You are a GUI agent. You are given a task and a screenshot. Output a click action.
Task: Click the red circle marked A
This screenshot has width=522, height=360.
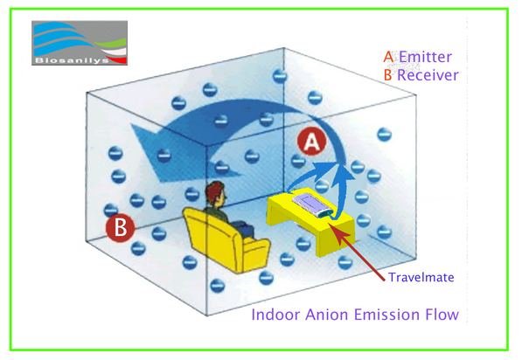(311, 142)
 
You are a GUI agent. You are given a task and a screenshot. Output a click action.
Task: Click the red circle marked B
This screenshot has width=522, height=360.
(120, 229)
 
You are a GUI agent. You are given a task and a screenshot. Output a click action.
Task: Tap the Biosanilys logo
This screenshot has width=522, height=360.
(80, 43)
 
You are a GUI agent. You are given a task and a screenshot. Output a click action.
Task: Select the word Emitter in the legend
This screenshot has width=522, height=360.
(425, 57)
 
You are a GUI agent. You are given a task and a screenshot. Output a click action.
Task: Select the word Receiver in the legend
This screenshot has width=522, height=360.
(428, 75)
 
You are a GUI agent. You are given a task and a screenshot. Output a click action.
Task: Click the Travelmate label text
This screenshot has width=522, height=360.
(421, 277)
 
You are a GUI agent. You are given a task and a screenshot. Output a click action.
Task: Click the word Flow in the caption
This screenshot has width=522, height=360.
(442, 315)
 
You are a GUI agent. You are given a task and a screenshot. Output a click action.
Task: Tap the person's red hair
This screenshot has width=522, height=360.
(214, 190)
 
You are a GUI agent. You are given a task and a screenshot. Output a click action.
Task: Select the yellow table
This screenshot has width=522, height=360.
(311, 223)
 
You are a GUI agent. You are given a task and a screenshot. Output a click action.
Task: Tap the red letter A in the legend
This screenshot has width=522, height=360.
(388, 57)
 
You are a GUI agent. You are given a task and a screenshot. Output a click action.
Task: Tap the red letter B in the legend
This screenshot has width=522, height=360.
(388, 75)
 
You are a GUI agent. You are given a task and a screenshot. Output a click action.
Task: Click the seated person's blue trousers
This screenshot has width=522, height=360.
(243, 229)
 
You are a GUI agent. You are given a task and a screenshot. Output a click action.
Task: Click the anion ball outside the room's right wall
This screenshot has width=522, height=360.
(385, 135)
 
